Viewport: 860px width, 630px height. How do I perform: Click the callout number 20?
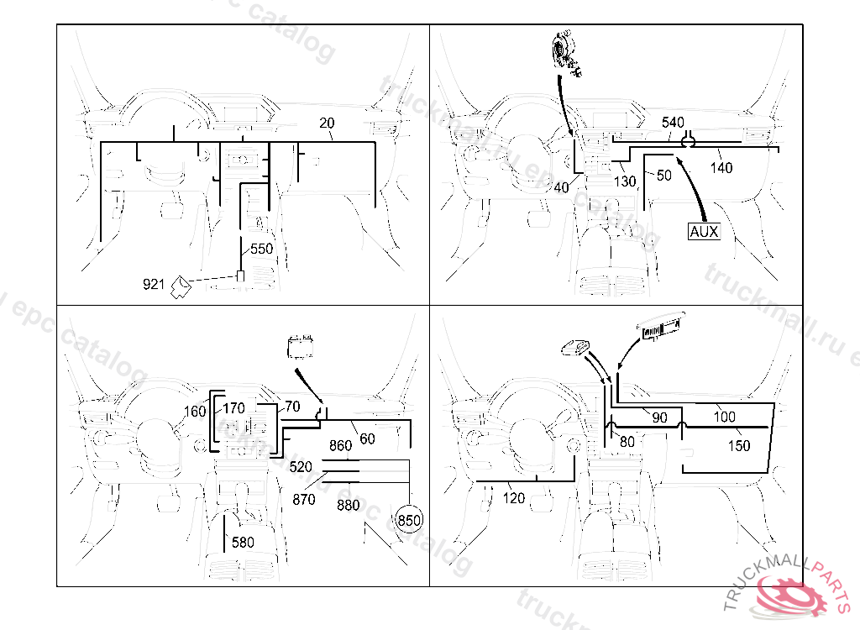coord(327,123)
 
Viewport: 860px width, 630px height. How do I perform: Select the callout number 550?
coord(261,249)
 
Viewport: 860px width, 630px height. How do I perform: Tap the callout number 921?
coord(154,285)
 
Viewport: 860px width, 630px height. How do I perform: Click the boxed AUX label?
coord(704,231)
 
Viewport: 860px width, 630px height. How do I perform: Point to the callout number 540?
coord(673,123)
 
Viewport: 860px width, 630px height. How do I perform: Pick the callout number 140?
coord(721,167)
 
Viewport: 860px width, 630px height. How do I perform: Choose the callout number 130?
coord(625,181)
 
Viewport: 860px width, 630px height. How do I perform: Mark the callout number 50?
coord(663,176)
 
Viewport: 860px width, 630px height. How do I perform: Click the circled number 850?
coord(409,520)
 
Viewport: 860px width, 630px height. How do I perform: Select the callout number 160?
coord(195,412)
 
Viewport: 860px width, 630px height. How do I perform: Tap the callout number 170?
coord(234,410)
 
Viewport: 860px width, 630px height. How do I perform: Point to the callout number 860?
coord(340,446)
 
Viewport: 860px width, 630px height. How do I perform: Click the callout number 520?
coord(301,465)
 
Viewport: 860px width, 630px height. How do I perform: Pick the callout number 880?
coord(349,505)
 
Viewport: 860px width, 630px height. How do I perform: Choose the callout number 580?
coord(243,543)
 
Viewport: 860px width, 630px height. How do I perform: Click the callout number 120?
coord(513,498)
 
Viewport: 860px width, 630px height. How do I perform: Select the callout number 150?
coord(739,446)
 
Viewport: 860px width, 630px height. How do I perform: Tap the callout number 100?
coord(724,417)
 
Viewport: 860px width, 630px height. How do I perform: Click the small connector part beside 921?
coord(181,288)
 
